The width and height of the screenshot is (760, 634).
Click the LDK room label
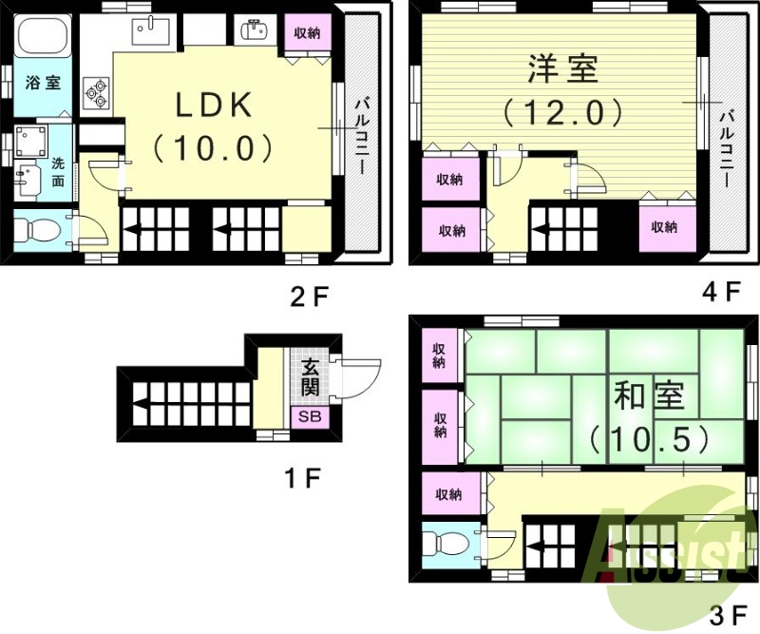click(214, 106)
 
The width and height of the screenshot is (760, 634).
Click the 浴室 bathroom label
click(42, 83)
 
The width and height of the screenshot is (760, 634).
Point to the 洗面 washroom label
click(58, 170)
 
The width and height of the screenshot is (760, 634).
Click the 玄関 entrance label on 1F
click(311, 377)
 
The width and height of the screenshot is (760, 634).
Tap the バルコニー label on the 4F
click(727, 147)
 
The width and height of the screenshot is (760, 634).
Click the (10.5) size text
click(649, 437)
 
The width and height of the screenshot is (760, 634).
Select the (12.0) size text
click(563, 113)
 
